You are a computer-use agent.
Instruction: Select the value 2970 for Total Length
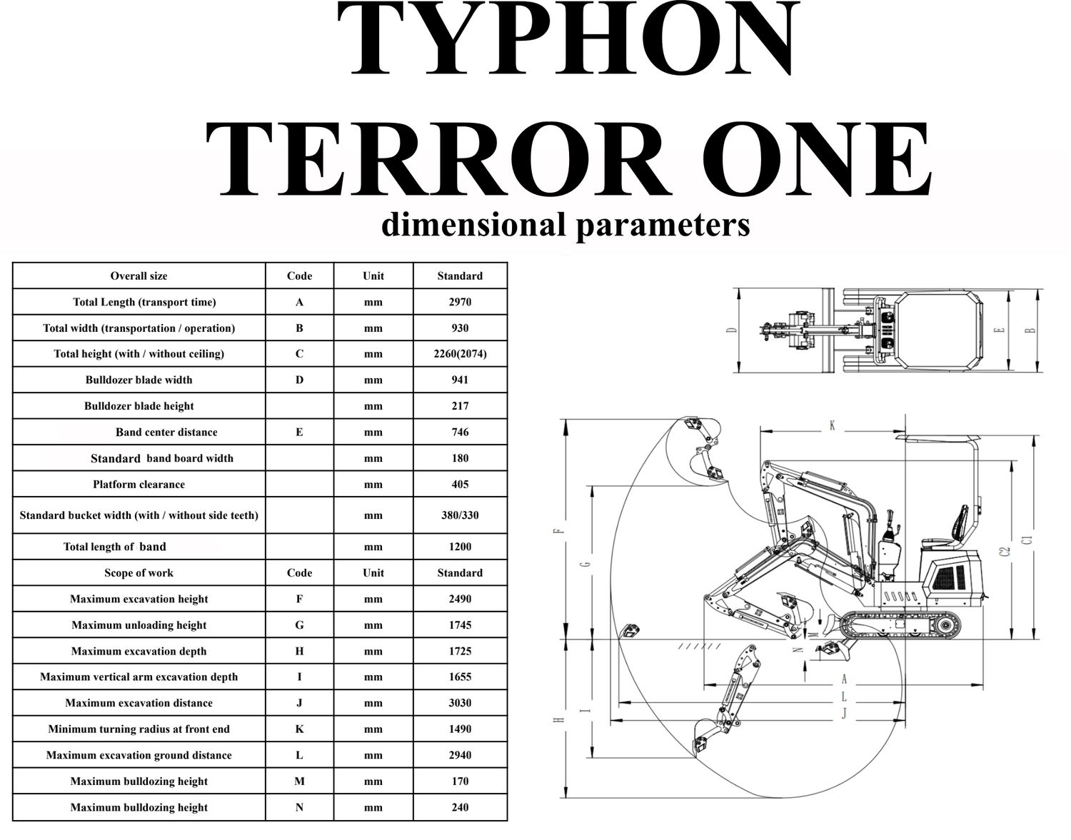[460, 302]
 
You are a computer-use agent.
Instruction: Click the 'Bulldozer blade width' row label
[139, 380]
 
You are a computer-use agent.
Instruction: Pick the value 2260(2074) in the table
[460, 354]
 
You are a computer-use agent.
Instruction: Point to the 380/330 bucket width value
[460, 515]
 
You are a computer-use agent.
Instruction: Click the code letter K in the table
[299, 729]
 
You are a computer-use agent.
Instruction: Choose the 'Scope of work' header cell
[139, 573]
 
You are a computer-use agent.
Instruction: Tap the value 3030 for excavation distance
[460, 703]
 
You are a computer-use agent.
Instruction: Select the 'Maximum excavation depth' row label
[139, 651]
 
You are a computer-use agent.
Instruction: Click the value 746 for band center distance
[460, 432]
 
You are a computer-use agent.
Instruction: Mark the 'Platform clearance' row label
[139, 485]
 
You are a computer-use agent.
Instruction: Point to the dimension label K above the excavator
[832, 426]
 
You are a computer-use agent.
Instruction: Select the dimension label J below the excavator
[843, 713]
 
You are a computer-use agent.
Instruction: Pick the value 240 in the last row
[460, 807]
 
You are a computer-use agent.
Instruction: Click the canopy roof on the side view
[935, 437]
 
